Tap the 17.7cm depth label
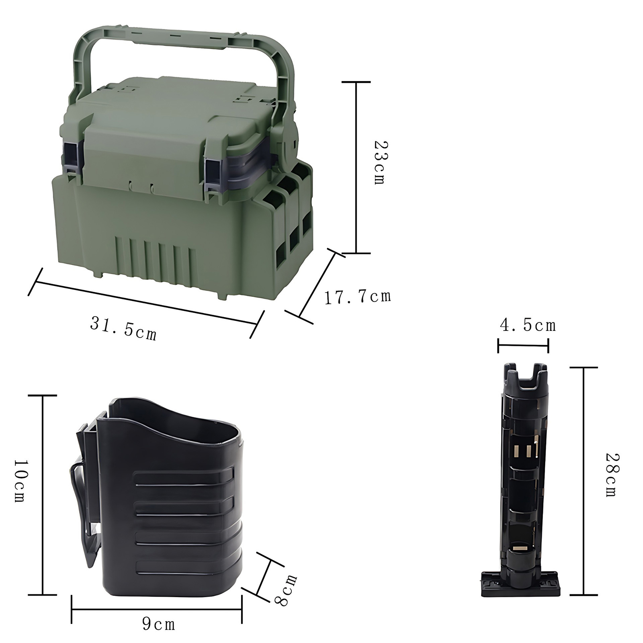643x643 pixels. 358,297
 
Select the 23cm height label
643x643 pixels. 379,162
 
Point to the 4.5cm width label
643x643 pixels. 528,325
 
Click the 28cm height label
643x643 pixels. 612,475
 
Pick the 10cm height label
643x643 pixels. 20,481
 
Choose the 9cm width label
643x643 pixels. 159,624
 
